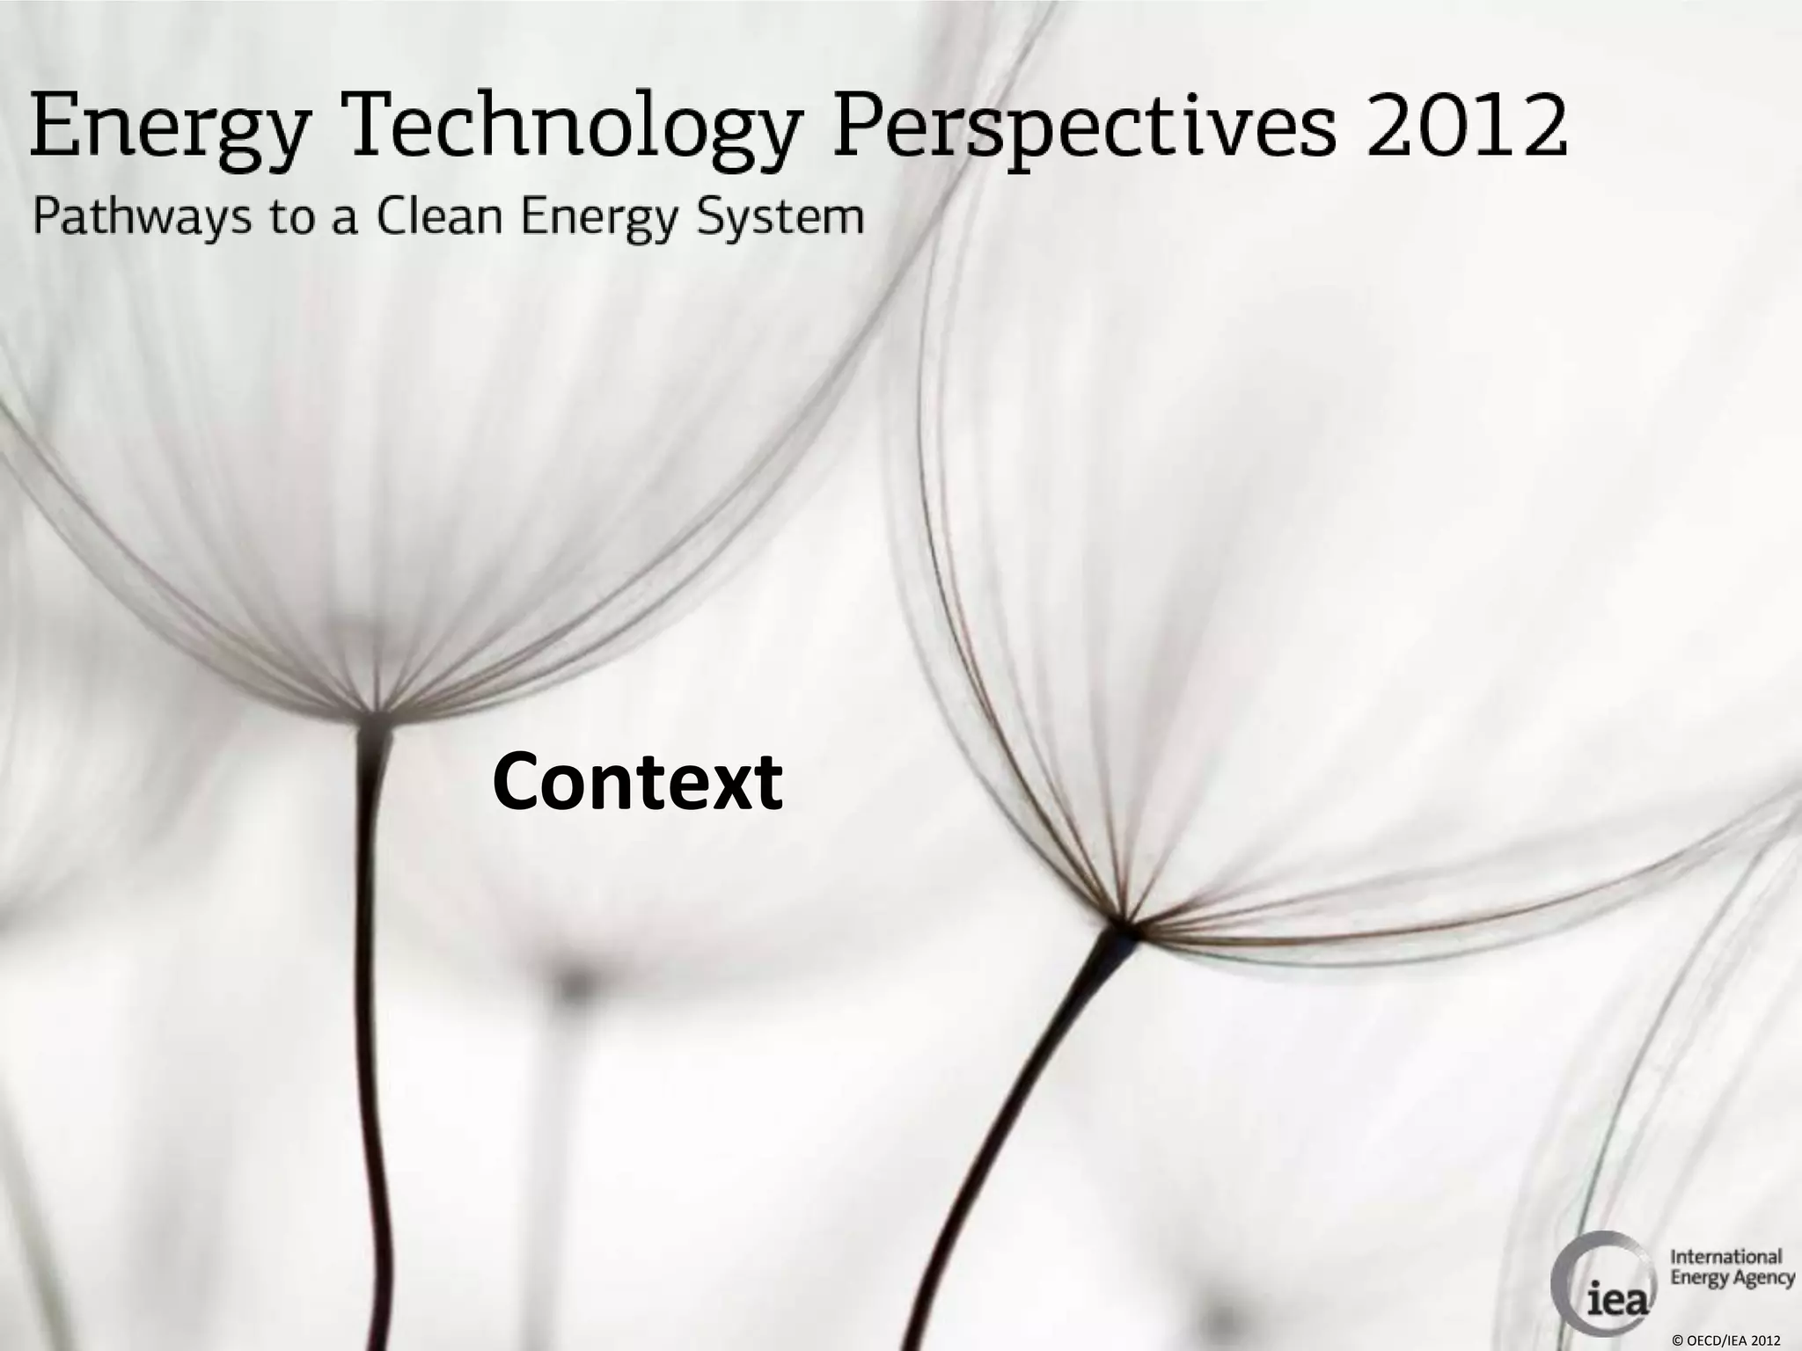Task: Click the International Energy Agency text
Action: pyautogui.click(x=1732, y=1267)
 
